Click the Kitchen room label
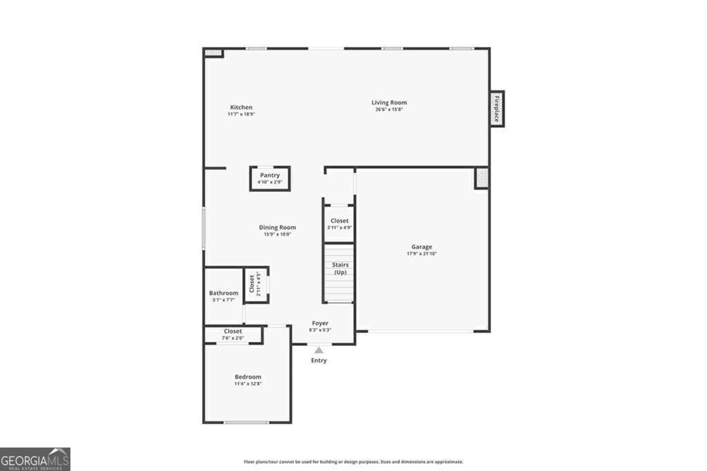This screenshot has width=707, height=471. [241, 107]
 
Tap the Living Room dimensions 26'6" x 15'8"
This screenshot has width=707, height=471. [389, 109]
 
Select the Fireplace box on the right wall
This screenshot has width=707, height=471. [496, 109]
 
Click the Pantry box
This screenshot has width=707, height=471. [270, 178]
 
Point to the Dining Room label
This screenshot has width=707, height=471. [278, 227]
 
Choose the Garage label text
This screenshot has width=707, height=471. [422, 247]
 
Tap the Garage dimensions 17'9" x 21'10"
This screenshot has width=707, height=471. [422, 253]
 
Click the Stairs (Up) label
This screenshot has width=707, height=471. [340, 268]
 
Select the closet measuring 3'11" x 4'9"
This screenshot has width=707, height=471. [339, 224]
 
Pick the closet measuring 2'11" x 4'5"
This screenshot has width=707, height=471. [255, 285]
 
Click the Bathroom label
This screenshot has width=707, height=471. [224, 293]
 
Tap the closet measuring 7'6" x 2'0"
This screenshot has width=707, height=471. [233, 334]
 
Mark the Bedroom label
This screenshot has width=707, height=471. [248, 376]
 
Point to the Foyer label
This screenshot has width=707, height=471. [320, 323]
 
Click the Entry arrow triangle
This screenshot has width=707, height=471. [319, 351]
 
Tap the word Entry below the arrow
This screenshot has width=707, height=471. [319, 361]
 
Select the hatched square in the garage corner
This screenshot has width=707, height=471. [481, 177]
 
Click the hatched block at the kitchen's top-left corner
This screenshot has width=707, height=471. [213, 52]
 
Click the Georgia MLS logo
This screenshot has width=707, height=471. [35, 459]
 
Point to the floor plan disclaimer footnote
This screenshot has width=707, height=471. [353, 462]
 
